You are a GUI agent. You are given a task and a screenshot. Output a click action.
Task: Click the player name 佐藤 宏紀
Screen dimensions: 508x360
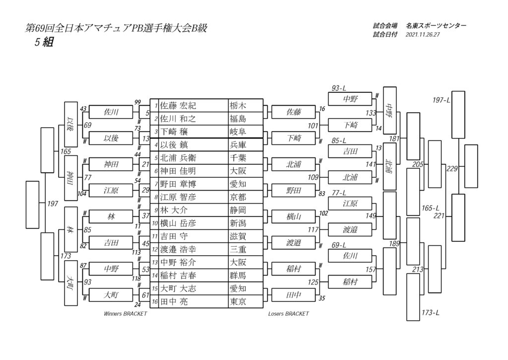point(178,106)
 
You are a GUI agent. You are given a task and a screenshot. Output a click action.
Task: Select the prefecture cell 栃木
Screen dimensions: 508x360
point(238,106)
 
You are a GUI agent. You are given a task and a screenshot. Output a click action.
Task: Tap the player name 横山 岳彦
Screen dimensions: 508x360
point(178,223)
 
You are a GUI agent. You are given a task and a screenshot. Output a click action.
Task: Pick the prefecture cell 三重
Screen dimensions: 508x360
point(238,249)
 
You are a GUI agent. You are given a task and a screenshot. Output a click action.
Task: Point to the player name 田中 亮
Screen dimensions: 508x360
point(174,302)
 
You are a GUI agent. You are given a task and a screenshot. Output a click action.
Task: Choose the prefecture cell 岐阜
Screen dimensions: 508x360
point(238,132)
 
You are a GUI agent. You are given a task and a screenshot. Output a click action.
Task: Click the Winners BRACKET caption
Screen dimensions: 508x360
point(126,314)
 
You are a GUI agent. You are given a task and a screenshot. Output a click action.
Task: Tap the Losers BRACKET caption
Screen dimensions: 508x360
point(288,314)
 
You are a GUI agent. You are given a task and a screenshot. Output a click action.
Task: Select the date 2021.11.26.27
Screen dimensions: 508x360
point(423,35)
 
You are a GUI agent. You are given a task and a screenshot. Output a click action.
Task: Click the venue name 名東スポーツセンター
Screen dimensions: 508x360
point(436,26)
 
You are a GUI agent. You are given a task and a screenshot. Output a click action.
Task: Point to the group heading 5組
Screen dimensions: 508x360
point(44,42)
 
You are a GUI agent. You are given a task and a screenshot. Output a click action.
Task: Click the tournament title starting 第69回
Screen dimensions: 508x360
point(116,28)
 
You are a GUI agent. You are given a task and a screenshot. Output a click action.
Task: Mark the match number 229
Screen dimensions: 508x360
point(452,169)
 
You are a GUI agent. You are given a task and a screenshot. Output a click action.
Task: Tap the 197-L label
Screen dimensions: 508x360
point(441,100)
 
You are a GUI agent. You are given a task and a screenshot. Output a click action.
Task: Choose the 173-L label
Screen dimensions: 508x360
point(430,313)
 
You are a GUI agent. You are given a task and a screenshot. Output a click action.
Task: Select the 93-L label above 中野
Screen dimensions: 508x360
point(338,88)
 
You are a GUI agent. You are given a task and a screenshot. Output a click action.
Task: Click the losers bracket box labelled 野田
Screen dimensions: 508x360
point(294,190)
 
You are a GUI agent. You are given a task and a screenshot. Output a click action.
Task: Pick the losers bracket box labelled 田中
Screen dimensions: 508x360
point(294,295)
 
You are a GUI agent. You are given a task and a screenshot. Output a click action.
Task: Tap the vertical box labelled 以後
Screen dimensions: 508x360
point(71,125)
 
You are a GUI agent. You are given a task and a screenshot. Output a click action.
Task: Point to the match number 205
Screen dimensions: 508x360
point(418,164)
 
